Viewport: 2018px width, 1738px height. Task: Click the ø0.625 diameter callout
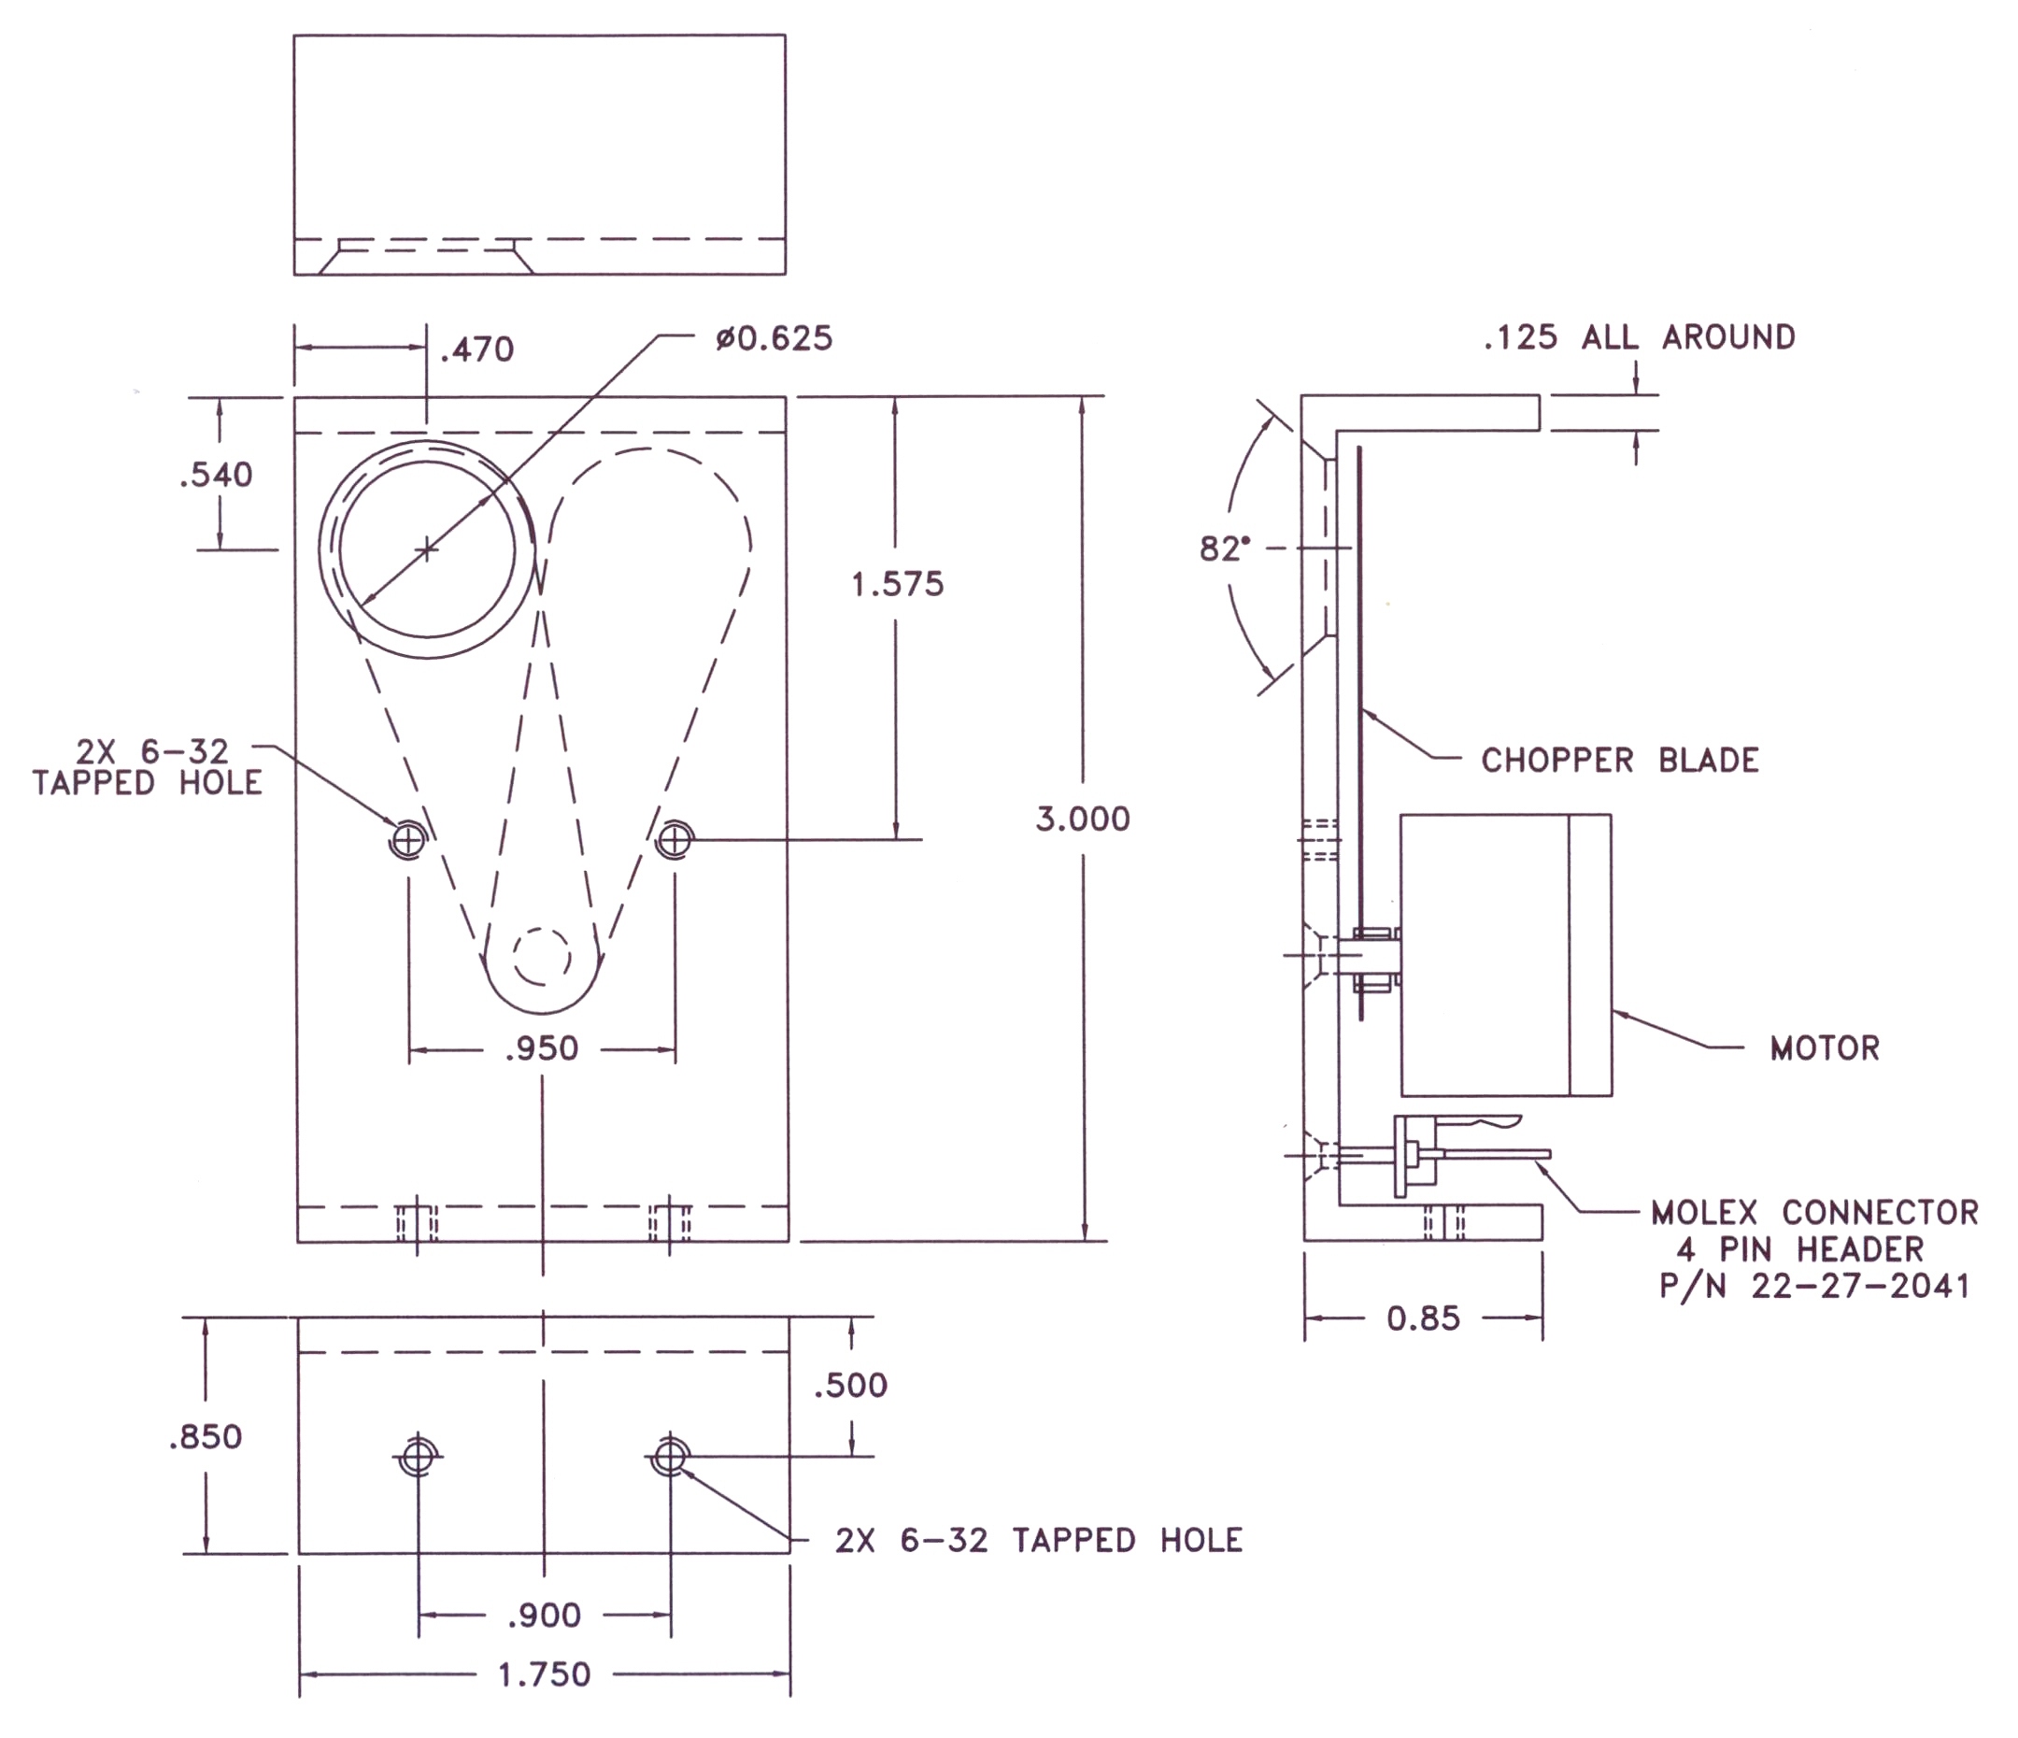coord(775,339)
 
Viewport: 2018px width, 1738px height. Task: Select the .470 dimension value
coord(476,349)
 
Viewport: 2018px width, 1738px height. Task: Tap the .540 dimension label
coord(216,476)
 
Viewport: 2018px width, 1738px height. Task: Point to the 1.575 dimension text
coord(897,585)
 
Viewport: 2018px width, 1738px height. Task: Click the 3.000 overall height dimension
coord(1082,819)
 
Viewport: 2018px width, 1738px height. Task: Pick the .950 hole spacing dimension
coord(543,1049)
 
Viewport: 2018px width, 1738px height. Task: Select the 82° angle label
coord(1224,549)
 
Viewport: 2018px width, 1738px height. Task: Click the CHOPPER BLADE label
coord(1620,761)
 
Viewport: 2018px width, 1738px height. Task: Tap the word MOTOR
coord(1825,1048)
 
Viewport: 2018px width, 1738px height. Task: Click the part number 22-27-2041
coord(1860,1287)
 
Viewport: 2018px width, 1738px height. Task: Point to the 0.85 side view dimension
coord(1423,1319)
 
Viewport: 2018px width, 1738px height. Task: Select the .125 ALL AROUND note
coord(1639,338)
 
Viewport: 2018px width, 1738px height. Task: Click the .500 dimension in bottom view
coord(850,1386)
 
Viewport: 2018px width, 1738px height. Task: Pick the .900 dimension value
coord(544,1617)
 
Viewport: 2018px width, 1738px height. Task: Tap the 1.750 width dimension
coord(544,1674)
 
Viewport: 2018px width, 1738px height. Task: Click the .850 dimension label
coord(205,1437)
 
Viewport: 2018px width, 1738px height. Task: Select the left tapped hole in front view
coord(408,839)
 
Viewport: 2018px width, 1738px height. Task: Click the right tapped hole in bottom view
coord(670,1458)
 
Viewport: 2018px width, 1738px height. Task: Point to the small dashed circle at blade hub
coord(542,957)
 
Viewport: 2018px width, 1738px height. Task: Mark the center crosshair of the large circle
coord(427,550)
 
